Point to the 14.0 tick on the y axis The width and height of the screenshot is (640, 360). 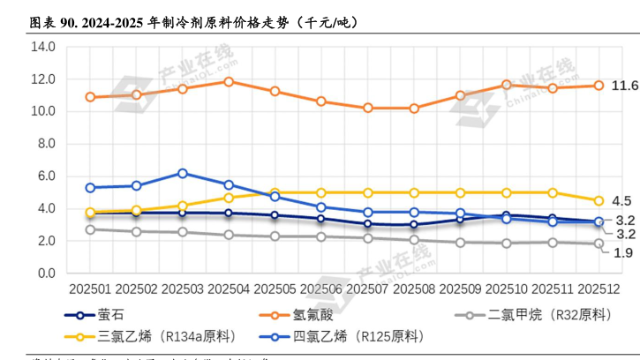[43, 47]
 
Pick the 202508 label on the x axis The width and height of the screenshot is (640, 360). [413, 289]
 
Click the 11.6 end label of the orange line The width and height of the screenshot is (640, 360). [625, 86]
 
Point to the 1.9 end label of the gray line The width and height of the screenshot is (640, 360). [622, 253]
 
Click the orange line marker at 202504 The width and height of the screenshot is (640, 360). [229, 81]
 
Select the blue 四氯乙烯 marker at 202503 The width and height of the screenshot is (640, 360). [183, 173]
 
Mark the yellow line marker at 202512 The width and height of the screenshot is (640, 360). [599, 201]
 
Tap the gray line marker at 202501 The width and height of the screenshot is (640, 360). [90, 229]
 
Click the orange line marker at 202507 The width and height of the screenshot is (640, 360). [367, 108]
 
